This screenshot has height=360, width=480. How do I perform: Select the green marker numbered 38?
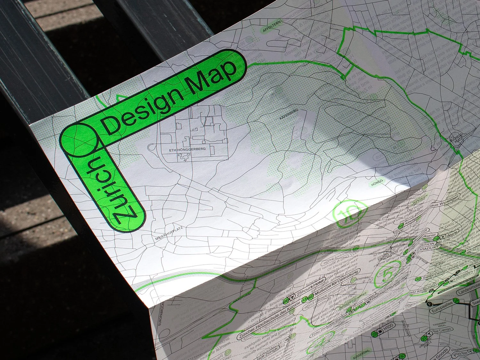(418, 279)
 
